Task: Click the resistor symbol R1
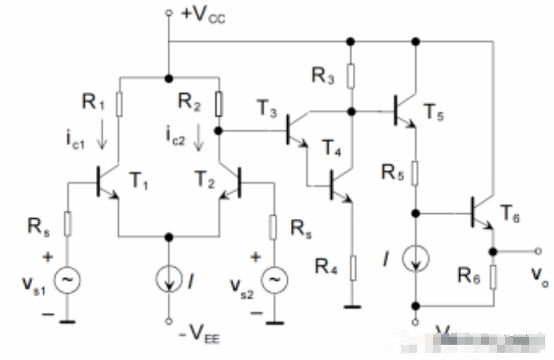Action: coord(118,104)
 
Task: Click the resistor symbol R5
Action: coord(416,172)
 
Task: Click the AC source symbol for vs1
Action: coord(67,278)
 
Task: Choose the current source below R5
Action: coord(416,258)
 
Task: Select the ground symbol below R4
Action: coord(351,306)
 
